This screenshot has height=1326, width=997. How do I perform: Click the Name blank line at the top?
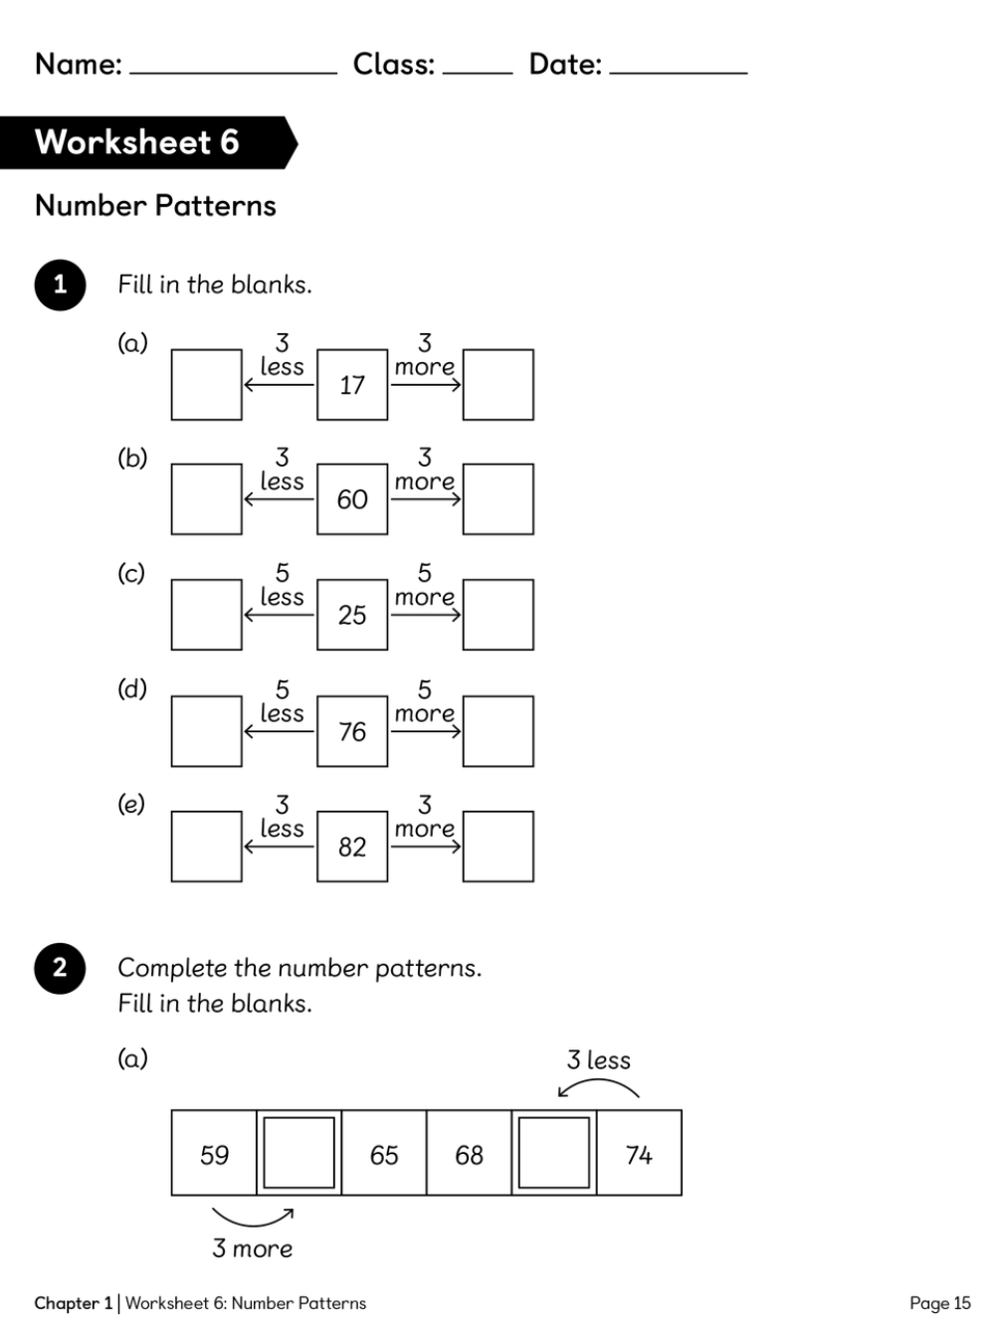click(x=234, y=70)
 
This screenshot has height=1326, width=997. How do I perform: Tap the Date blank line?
click(x=679, y=70)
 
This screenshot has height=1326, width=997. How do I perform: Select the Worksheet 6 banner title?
click(x=137, y=142)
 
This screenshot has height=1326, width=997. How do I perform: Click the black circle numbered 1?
click(x=60, y=284)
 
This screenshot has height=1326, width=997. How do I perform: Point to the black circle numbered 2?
click(x=60, y=968)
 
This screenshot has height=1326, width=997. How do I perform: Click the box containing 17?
click(x=352, y=385)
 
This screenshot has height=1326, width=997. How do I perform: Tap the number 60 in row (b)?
click(x=352, y=499)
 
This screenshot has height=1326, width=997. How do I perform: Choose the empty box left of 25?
click(x=207, y=615)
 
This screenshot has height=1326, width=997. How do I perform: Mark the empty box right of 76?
click(x=498, y=731)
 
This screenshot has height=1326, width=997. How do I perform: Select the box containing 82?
click(x=352, y=847)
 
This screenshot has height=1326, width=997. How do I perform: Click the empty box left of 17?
click(x=207, y=385)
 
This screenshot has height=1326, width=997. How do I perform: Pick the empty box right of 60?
click(x=498, y=499)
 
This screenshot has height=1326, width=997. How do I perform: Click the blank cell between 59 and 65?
click(x=299, y=1153)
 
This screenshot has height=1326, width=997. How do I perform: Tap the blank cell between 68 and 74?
click(x=554, y=1153)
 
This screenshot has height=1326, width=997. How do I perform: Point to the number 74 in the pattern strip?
click(x=639, y=1155)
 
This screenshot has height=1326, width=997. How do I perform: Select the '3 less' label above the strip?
click(x=599, y=1060)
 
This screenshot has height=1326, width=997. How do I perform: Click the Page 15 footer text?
click(x=939, y=1303)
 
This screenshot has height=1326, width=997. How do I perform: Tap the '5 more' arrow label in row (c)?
click(x=425, y=586)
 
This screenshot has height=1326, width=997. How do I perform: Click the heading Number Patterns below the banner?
click(x=155, y=206)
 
